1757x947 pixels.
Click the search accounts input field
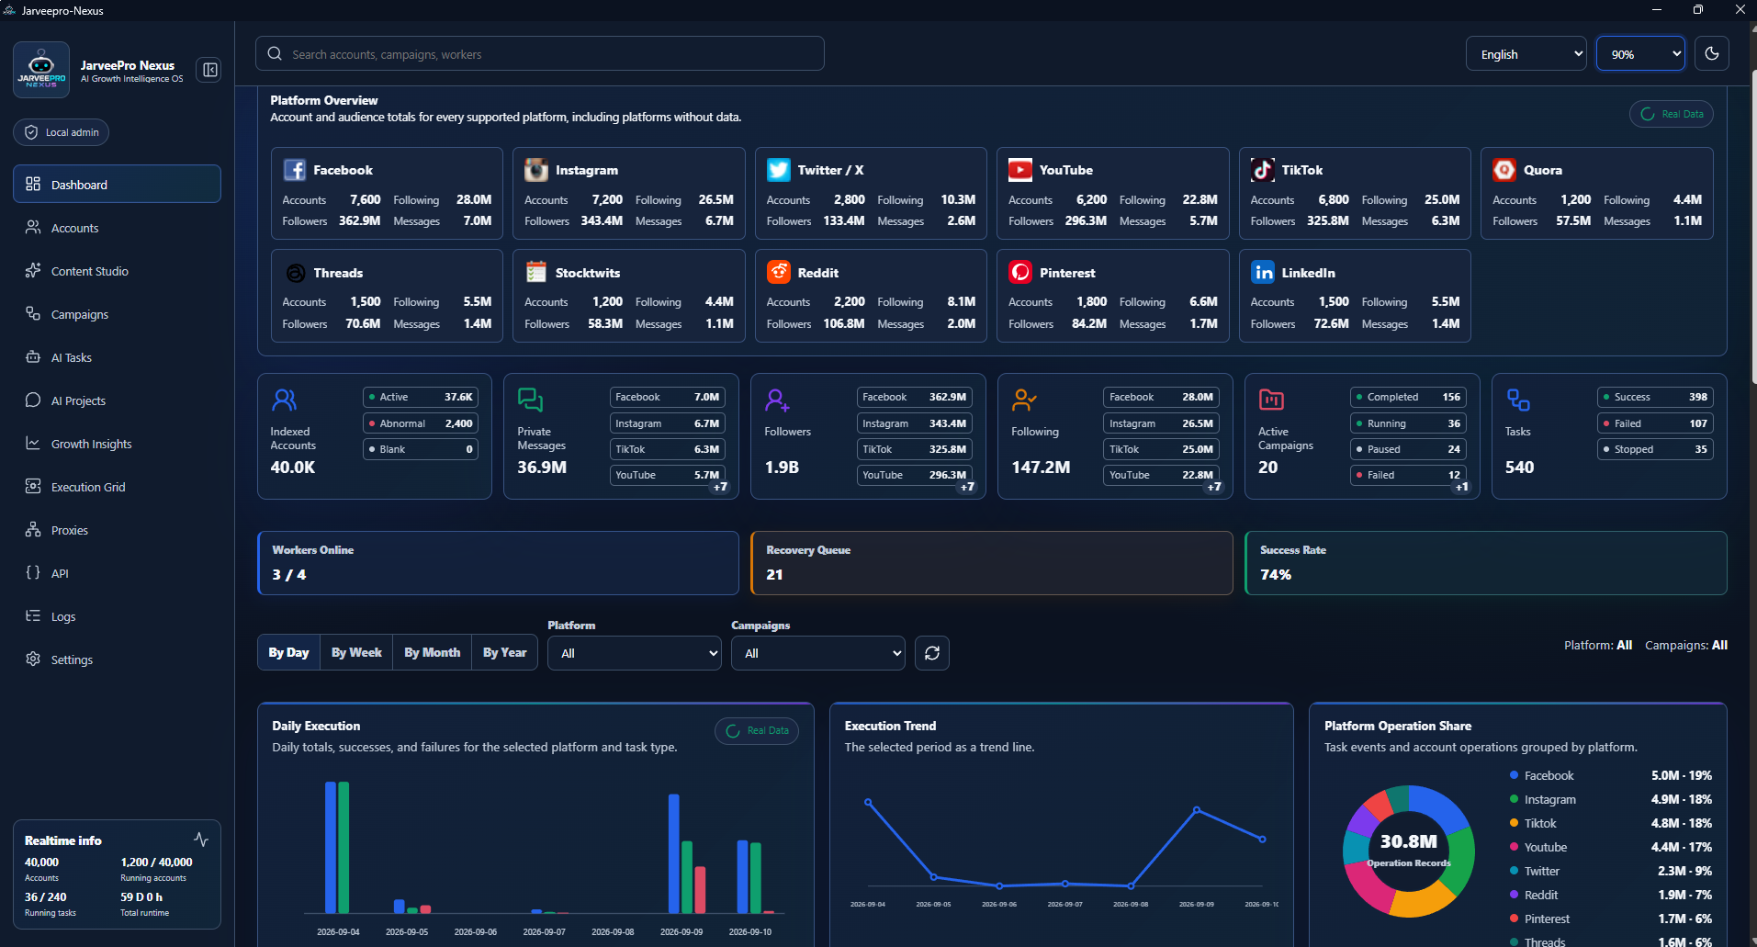coord(539,54)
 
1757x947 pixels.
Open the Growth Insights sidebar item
coord(91,444)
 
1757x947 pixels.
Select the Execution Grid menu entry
coord(88,487)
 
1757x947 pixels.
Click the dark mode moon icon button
coord(1712,53)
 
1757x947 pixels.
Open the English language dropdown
coord(1526,54)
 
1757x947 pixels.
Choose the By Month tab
coord(433,652)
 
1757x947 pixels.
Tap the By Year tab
coord(505,652)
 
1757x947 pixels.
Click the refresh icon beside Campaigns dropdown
coord(932,653)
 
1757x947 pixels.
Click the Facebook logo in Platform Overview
coord(295,170)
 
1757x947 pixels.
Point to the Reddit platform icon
coord(779,272)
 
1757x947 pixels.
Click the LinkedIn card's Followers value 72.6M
coord(1331,323)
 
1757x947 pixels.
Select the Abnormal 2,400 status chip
coord(421,423)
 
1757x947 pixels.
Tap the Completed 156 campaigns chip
coord(1408,397)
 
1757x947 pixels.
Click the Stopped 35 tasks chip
coord(1655,449)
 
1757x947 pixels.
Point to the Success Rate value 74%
coord(1276,574)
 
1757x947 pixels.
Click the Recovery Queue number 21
coord(774,574)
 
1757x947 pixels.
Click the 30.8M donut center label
coord(1408,841)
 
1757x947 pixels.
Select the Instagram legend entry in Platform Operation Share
coord(1549,799)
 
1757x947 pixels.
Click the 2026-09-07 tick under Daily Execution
coord(544,931)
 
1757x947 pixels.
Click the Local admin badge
coord(62,132)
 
